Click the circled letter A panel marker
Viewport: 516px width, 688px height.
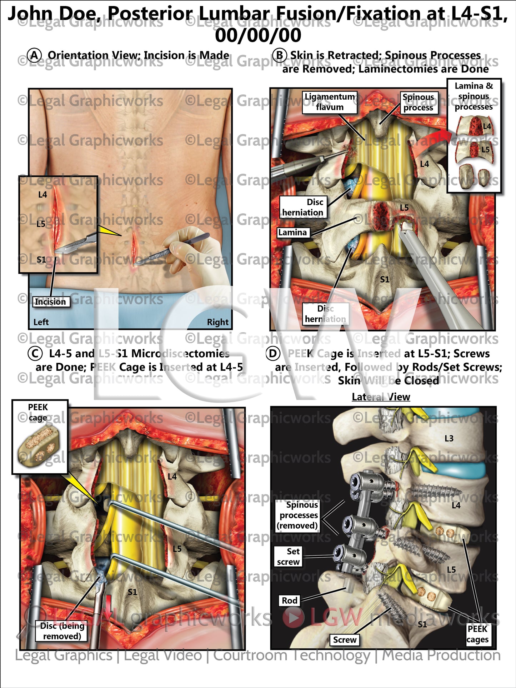(35, 56)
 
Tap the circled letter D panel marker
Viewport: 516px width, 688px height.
(272, 354)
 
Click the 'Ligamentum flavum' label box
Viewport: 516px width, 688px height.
(329, 102)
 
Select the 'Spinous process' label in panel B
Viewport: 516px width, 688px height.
(418, 103)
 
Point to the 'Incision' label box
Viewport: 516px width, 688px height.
(50, 302)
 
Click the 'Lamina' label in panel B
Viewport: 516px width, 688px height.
(292, 233)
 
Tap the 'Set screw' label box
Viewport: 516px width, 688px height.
(288, 557)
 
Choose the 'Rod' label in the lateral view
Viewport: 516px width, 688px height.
(289, 600)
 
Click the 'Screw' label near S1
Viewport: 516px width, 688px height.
(344, 640)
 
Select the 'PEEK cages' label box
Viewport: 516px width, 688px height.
(477, 634)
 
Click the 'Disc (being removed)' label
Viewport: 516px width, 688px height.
(62, 631)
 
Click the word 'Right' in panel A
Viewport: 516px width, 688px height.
(217, 322)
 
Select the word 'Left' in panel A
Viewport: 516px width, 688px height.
(41, 322)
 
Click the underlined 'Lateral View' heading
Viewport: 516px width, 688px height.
(381, 397)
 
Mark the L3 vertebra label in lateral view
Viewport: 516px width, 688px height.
(449, 438)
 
